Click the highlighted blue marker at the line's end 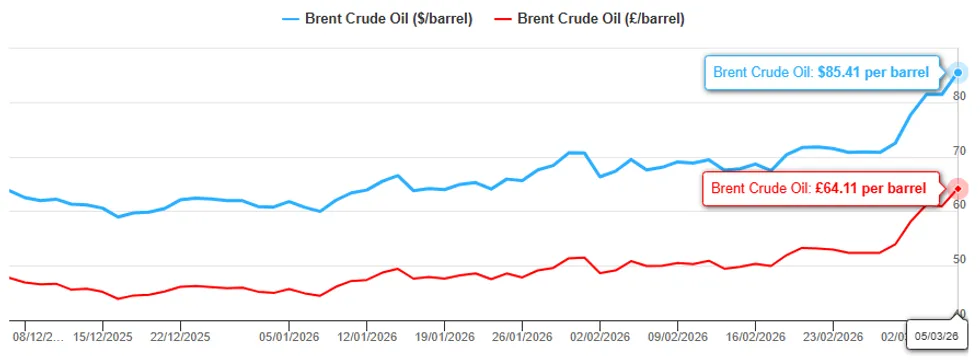tap(958, 72)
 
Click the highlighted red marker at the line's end tap(957, 188)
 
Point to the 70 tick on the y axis tap(959, 151)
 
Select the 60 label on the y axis tap(959, 205)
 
